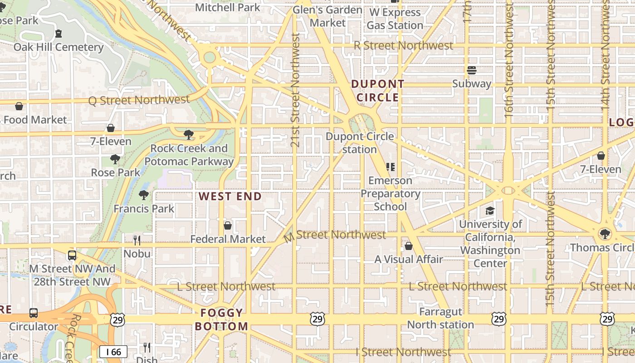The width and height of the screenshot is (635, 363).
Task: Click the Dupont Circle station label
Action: [x=360, y=142]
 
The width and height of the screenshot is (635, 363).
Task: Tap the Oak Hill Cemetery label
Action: [x=59, y=47]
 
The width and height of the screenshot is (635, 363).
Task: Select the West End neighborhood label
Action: [x=230, y=196]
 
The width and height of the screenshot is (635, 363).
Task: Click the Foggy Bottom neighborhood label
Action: [x=222, y=319]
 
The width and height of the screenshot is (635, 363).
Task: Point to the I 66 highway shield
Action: [x=113, y=352]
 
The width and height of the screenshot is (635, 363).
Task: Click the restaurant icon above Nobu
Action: [x=137, y=240]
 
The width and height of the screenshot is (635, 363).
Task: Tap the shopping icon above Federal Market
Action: [x=228, y=226]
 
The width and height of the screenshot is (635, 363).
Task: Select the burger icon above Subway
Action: [x=472, y=70]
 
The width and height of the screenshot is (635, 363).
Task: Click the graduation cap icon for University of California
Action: [x=490, y=211]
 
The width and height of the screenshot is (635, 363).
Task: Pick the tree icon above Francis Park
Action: [x=144, y=195]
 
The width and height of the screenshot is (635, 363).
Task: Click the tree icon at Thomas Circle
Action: [x=604, y=234]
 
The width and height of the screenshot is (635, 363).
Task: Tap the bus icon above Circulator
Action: [x=34, y=313]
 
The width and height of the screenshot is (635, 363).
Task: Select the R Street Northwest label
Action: [x=403, y=45]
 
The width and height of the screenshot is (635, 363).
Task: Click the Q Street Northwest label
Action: [x=139, y=100]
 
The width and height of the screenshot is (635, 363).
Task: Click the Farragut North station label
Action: [x=440, y=319]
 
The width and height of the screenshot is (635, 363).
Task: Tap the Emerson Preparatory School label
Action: [x=390, y=194]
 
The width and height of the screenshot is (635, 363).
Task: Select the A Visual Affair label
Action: [x=408, y=260]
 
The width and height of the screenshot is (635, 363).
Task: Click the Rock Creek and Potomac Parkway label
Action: [x=189, y=155]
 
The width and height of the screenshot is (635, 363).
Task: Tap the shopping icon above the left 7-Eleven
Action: [x=111, y=128]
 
